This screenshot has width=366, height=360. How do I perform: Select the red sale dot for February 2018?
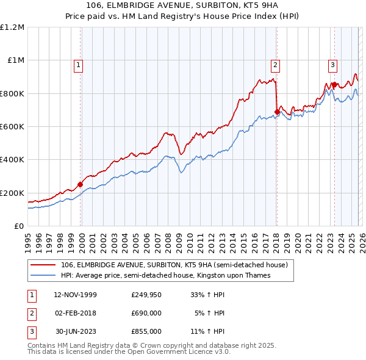click(277, 112)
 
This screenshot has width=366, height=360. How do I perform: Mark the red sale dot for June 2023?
click(335, 85)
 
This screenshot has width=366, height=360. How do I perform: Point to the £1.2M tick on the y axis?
click(12, 27)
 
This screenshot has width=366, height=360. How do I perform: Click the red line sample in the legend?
click(43, 265)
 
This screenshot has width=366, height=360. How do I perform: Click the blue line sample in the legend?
click(43, 276)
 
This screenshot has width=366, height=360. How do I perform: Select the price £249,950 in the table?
click(146, 295)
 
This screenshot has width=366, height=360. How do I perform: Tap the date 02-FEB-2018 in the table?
click(75, 313)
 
